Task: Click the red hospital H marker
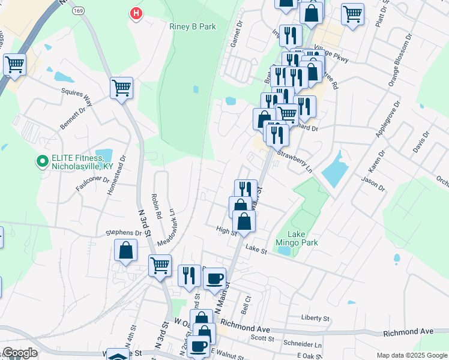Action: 137,13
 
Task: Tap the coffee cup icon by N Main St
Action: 214,279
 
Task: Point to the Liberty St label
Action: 316,317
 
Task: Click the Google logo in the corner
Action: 19,353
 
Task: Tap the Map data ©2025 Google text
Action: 411,355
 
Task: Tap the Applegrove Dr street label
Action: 381,119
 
